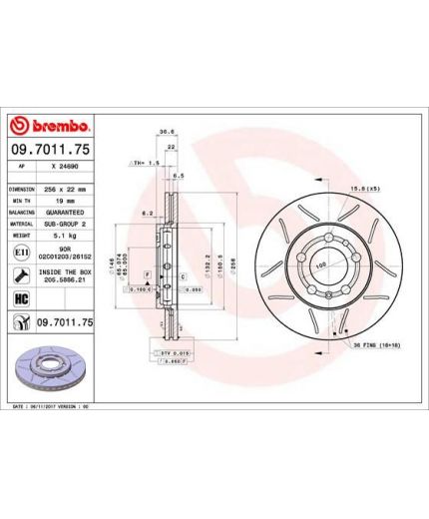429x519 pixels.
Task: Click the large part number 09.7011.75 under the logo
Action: point(52,149)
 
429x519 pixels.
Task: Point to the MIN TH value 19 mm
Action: point(67,200)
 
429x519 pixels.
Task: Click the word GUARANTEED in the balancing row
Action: point(67,213)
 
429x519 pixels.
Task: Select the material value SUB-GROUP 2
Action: point(67,226)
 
